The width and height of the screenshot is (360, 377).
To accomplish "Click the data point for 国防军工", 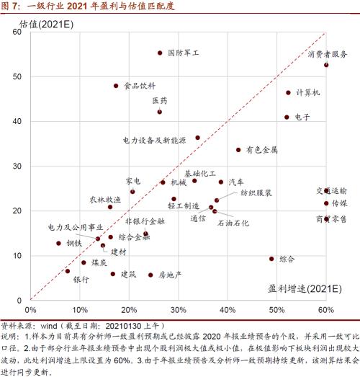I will click(160, 53).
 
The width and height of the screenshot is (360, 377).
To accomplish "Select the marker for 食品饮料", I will click(116, 86).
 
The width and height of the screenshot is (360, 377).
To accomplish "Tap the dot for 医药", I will click(160, 112).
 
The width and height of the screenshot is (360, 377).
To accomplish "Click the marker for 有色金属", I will click(238, 150).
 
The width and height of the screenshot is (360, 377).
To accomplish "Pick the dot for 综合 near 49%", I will click(271, 258).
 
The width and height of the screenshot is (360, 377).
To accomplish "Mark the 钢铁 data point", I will click(58, 243).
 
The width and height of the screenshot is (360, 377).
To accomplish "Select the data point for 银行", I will click(68, 271).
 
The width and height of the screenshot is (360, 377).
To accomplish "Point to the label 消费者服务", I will click(328, 54).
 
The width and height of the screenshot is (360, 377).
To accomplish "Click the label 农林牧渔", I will click(105, 199).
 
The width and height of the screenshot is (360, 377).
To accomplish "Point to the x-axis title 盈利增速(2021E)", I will click(300, 289).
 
